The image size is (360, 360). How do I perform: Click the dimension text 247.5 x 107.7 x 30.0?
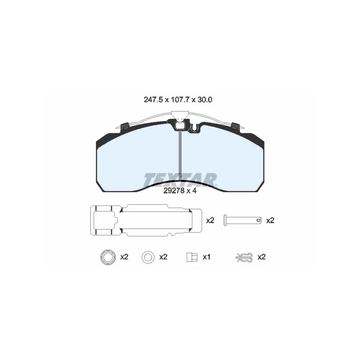178,99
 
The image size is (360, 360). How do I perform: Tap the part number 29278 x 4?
180,190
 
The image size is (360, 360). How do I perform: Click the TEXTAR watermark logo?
180,180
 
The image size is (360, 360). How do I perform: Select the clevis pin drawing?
243,220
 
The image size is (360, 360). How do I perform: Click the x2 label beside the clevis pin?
270,220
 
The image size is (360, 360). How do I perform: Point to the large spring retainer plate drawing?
146,220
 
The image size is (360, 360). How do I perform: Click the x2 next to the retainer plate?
210,220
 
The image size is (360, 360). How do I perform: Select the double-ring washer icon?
108,257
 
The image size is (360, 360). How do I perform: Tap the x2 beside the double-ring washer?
124,257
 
